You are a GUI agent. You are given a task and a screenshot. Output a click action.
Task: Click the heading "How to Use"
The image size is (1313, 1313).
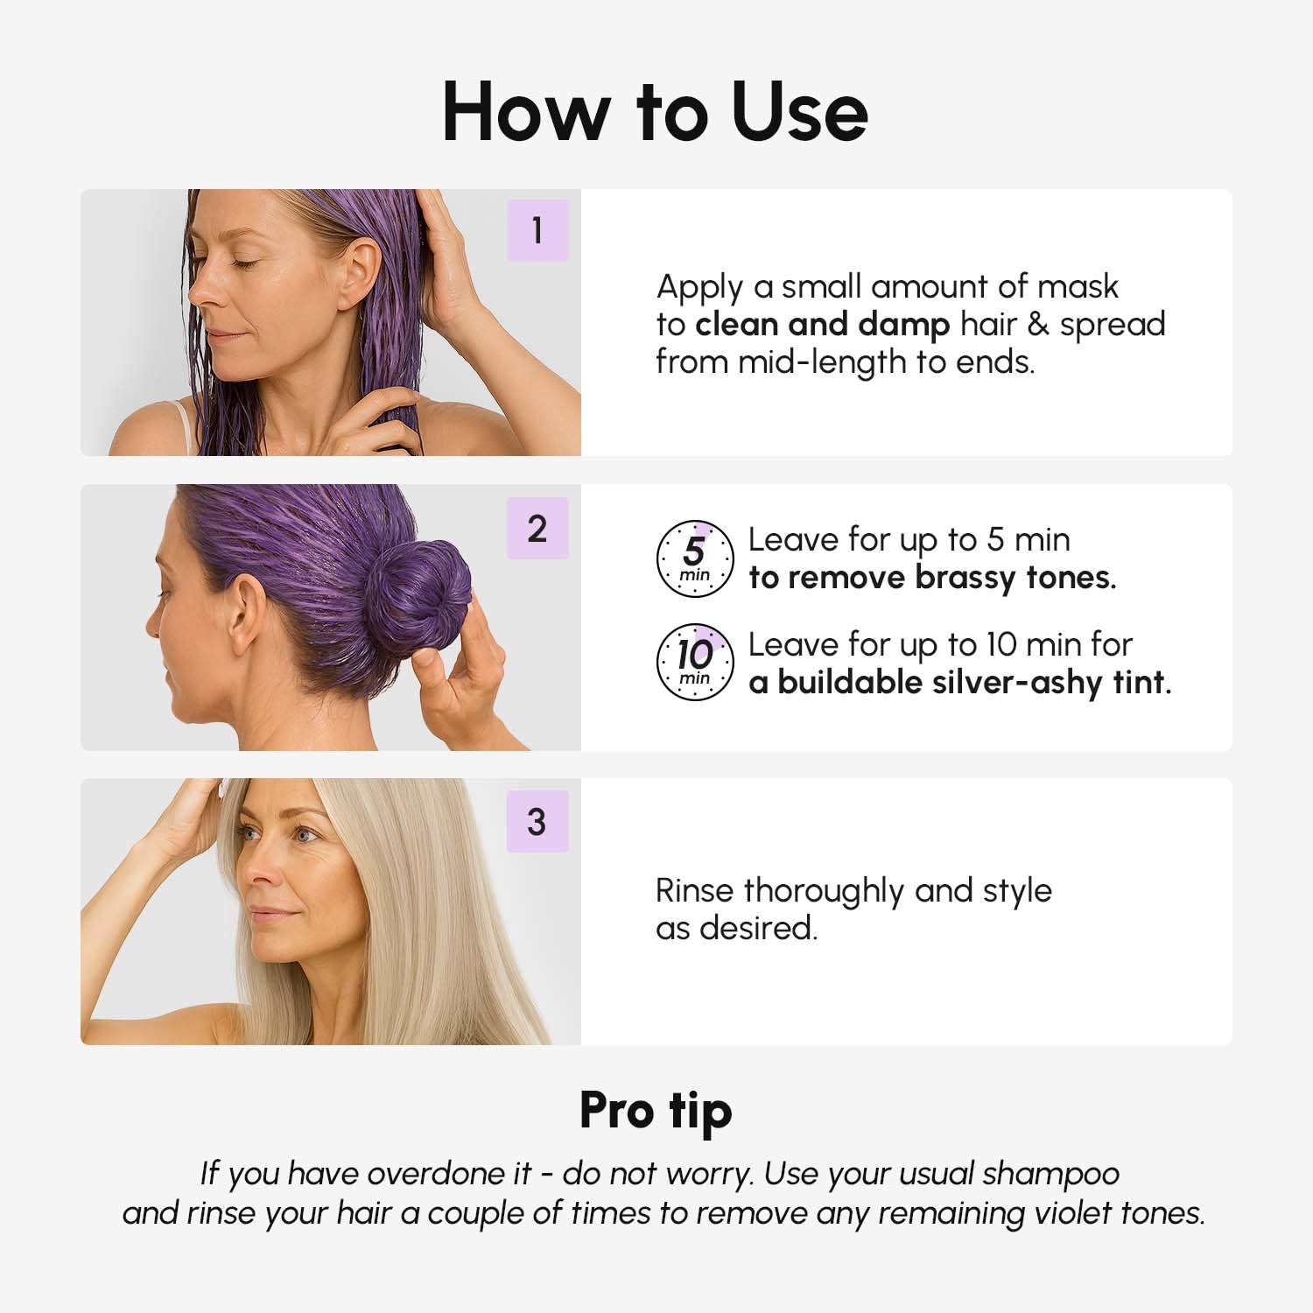(x=655, y=112)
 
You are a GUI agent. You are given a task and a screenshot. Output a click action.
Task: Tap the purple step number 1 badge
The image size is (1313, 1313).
(x=537, y=230)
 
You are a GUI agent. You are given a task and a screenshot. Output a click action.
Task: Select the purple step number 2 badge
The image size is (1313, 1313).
(x=537, y=529)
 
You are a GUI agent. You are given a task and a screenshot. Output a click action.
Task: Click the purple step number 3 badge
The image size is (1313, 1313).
(x=537, y=822)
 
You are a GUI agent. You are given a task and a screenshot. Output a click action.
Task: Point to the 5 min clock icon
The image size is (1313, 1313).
(x=695, y=558)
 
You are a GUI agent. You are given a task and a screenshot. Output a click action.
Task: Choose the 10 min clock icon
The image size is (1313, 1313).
(x=695, y=662)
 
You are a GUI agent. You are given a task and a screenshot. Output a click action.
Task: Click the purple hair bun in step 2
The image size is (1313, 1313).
(x=417, y=595)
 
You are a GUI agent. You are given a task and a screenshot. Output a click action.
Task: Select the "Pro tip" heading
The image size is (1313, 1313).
(x=656, y=1111)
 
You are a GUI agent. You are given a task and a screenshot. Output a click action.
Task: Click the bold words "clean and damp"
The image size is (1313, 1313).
(x=822, y=324)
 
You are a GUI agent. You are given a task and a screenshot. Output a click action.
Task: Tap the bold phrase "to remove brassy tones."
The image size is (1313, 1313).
(x=932, y=578)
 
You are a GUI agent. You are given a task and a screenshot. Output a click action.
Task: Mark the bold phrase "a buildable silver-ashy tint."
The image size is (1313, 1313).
(x=959, y=682)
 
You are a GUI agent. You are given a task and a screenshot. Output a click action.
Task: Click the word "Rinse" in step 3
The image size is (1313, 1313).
(x=695, y=890)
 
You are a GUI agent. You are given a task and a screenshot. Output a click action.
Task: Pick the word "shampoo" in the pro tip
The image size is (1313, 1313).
(x=1050, y=1173)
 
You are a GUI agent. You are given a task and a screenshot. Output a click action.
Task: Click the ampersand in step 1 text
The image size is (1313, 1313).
(x=1037, y=324)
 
